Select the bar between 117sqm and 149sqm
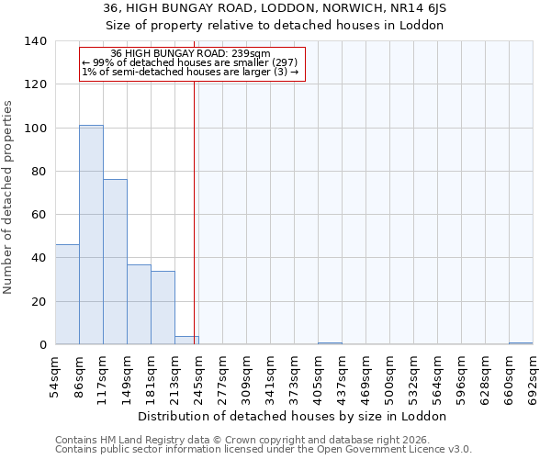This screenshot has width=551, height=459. click(x=115, y=263)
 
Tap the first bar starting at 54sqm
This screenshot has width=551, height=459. click(x=67, y=295)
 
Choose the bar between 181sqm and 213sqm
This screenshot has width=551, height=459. click(x=163, y=308)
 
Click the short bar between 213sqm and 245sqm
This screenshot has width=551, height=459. click(x=186, y=341)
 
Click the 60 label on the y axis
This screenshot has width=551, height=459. click(x=39, y=215)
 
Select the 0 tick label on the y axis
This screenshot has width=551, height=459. click(x=42, y=345)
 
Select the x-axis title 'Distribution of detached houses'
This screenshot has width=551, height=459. click(x=294, y=416)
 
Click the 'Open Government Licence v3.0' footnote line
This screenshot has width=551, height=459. click(x=264, y=450)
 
